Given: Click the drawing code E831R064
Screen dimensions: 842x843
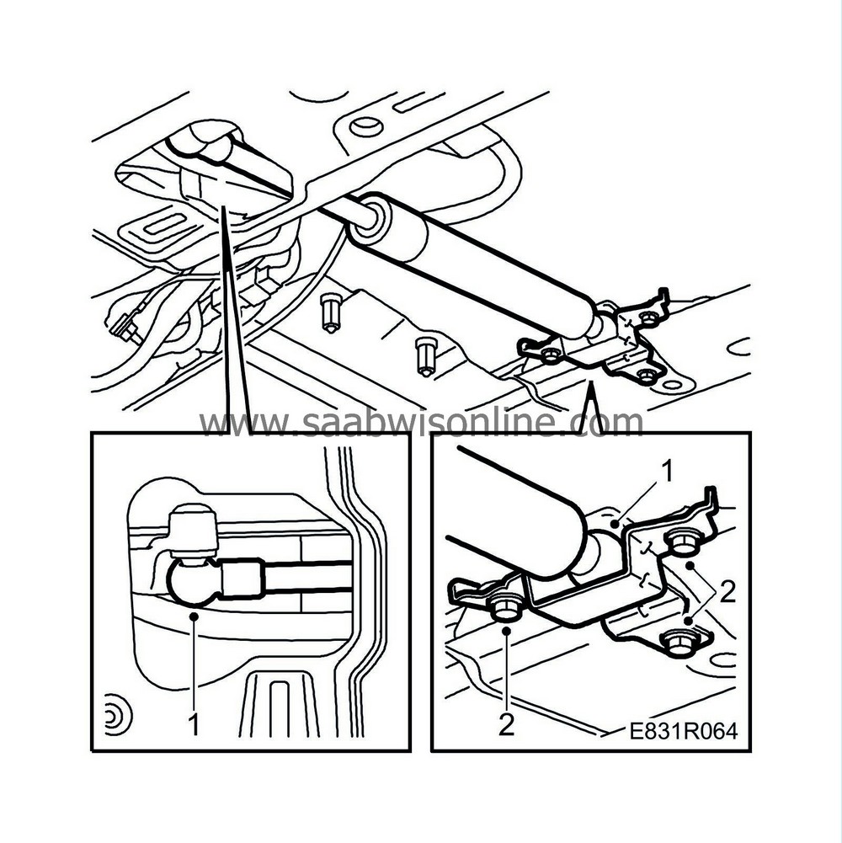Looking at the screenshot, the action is pos(684,731).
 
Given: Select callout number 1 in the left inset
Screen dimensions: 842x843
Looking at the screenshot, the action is pos(195,724).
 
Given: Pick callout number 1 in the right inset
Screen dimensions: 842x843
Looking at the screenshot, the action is pos(667,472).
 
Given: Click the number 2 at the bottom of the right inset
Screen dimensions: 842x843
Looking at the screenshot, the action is pos(507,725).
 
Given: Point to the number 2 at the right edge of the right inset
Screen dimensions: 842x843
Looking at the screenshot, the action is pos(727,592).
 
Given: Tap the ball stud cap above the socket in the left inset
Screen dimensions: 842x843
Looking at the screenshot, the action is pos(194,531).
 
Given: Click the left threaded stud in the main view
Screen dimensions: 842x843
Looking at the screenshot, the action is pos(329,313).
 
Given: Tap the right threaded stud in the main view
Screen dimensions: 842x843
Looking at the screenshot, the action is pos(424,356).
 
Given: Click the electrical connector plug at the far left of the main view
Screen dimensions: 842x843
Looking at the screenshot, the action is pos(123,327).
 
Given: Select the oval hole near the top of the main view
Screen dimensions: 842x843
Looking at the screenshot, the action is pos(365,127).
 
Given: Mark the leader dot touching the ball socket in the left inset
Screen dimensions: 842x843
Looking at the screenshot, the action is pos(195,616).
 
